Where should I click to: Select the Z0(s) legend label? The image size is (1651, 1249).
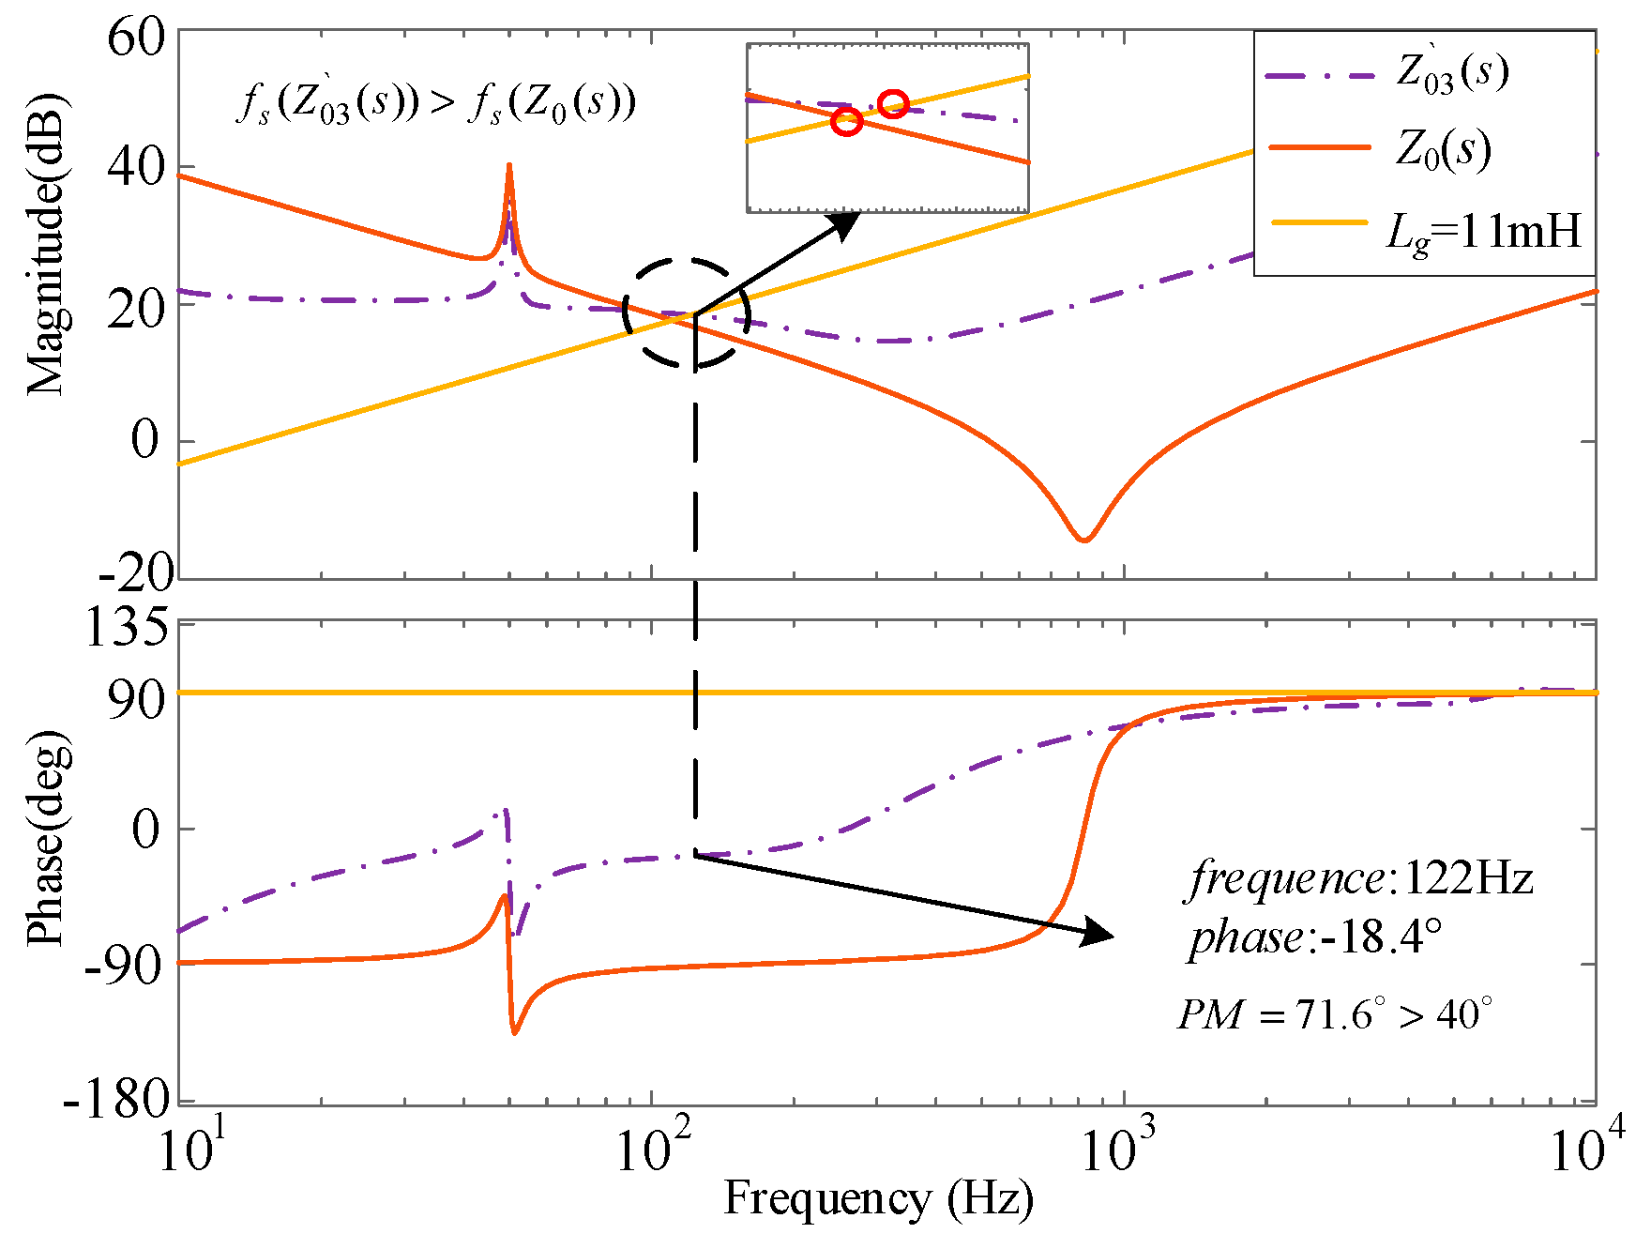point(1443,150)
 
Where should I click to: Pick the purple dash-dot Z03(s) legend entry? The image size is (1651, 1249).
point(1452,71)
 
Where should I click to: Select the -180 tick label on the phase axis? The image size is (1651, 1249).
point(116,1098)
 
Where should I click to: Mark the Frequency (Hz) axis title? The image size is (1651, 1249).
point(878,1199)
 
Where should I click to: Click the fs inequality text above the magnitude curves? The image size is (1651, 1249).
point(436,102)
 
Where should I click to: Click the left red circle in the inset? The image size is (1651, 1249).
point(847,121)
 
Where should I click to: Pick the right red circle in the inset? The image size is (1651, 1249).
point(894,104)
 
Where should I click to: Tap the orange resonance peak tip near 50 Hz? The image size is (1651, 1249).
point(508,167)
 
